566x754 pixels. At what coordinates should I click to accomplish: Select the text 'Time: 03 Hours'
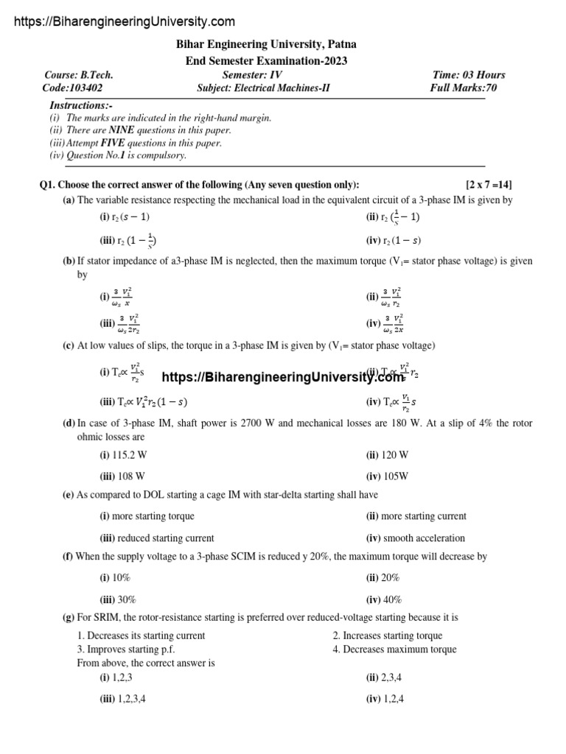(x=469, y=75)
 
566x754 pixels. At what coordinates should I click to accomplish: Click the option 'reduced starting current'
(x=166, y=538)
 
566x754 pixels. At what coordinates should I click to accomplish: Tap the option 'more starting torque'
(x=156, y=516)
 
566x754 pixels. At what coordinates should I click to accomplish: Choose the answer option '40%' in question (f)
(x=392, y=599)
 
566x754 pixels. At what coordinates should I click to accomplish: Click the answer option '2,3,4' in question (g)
(x=392, y=677)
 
